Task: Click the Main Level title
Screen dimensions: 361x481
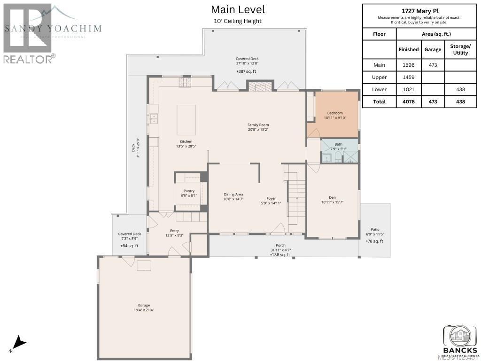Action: coord(238,9)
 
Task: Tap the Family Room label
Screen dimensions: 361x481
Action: coord(258,125)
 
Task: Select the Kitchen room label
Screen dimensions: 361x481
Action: coord(186,141)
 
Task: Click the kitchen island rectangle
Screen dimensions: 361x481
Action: coord(186,120)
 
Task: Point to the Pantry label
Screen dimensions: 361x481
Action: coord(189,191)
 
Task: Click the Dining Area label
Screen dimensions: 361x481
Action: coord(233,194)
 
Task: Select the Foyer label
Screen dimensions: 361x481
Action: coord(271,198)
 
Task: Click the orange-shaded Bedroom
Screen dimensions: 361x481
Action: coord(335,113)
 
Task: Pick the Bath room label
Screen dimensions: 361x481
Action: coord(339,144)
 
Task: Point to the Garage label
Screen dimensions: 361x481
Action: coord(144,305)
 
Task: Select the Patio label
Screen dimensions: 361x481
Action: coord(374,229)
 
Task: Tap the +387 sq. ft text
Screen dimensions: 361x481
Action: coord(246,71)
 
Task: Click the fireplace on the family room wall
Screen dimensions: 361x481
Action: coord(260,86)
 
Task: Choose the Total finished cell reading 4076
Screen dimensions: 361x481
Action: coord(408,102)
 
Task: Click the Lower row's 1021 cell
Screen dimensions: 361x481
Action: coord(408,89)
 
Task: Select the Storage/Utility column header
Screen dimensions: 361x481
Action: coord(460,49)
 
